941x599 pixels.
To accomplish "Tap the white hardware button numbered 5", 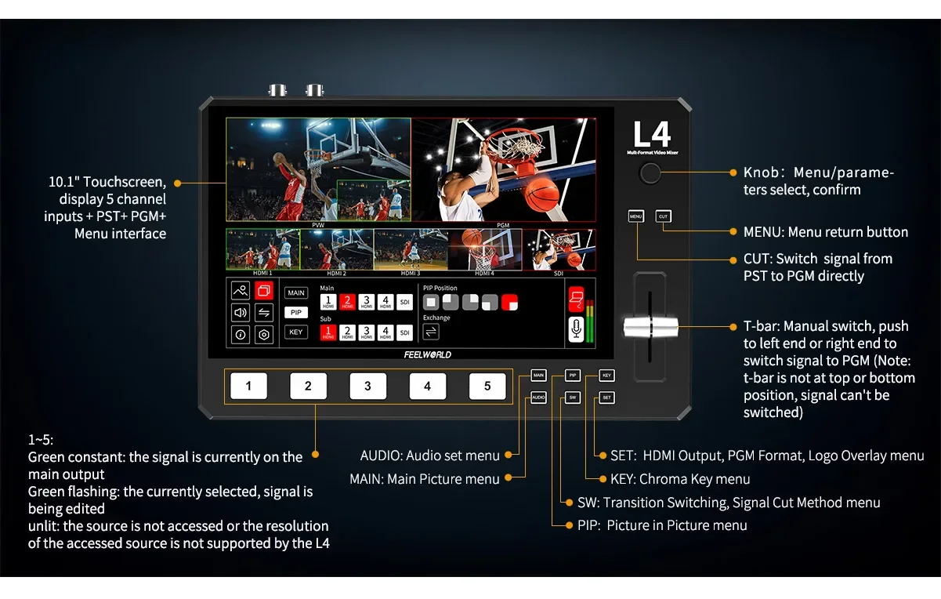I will click(487, 386).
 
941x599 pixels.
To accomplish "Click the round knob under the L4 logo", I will click(650, 173).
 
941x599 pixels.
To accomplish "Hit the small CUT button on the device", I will click(663, 216).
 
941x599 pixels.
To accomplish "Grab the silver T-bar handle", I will click(650, 328).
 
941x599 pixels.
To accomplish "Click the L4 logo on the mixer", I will click(652, 134).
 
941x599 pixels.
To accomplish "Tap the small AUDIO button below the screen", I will click(538, 398).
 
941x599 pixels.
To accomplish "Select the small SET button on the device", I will click(606, 398).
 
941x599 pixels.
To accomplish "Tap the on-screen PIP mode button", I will click(295, 312).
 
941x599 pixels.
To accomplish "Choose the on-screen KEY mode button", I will click(295, 332).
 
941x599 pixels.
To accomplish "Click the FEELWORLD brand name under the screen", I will click(427, 354).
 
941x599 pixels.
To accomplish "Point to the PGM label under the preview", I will click(503, 225).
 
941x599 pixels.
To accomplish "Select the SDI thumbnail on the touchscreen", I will click(559, 249).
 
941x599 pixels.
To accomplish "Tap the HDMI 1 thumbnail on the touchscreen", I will click(262, 249).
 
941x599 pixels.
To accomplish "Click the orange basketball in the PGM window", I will click(541, 194).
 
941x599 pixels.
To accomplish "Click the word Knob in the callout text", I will click(759, 172).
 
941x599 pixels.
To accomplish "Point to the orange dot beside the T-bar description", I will click(732, 326).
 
